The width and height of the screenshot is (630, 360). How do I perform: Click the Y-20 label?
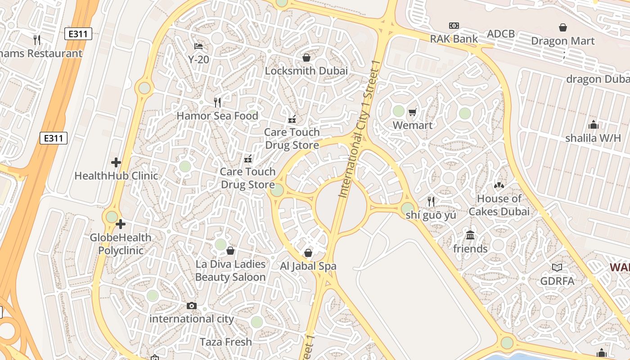coord(198,59)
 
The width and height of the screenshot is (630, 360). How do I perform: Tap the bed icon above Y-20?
coord(198,46)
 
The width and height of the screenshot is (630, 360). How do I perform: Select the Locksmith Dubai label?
coord(306,71)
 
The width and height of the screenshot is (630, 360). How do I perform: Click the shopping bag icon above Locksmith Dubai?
coord(306,58)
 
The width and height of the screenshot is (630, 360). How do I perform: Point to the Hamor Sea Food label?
coord(217,116)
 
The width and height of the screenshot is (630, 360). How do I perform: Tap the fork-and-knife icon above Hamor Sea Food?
coord(217,103)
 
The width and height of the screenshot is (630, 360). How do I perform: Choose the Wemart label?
coord(413,125)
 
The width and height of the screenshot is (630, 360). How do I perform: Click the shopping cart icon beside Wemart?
coord(413,112)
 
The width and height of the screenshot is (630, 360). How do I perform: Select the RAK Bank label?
coord(454,39)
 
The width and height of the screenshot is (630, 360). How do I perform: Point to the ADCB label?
coord(501,34)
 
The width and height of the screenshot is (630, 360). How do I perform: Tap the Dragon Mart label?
coord(562,41)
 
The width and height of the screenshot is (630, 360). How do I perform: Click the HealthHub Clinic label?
coord(116,175)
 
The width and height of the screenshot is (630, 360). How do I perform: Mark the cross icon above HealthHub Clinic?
coord(116,162)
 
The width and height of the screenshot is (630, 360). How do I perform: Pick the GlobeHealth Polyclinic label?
coord(121,244)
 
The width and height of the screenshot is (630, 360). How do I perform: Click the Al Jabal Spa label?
coord(308,266)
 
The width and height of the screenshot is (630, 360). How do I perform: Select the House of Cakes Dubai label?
coord(499,205)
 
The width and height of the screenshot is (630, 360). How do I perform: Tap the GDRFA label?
coord(557,281)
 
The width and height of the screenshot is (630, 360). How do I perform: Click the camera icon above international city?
coord(192,306)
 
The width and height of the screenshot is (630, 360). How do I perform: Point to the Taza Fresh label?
coord(225,342)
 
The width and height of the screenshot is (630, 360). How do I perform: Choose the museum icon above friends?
coord(470,235)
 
